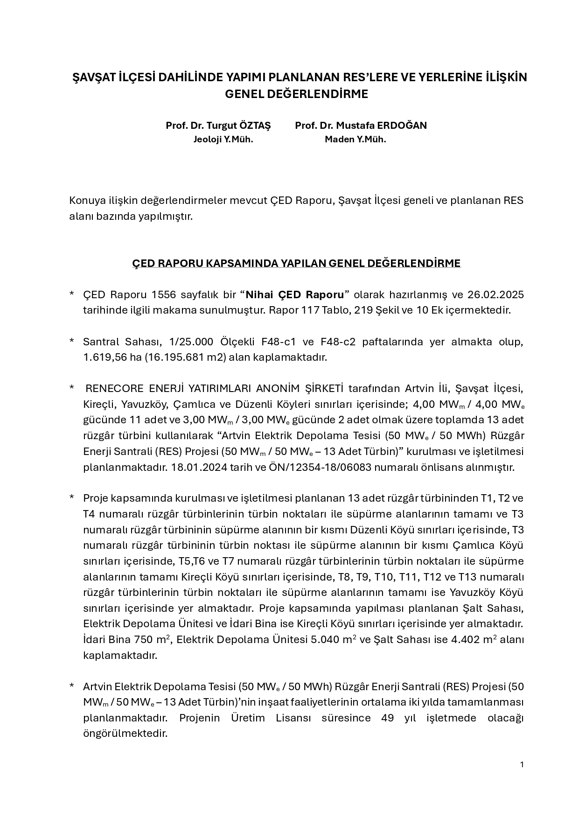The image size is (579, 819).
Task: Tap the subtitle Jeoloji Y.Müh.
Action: (223, 140)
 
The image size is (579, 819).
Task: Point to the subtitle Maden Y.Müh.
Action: (356, 140)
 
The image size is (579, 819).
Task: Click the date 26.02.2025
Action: (495, 295)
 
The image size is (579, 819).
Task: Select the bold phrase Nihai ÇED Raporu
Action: (295, 295)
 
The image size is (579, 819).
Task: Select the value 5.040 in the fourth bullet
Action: (327, 640)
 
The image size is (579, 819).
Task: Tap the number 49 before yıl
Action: (387, 718)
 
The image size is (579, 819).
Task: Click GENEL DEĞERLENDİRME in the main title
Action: (296, 94)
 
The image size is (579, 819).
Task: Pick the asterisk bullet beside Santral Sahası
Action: (72, 342)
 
